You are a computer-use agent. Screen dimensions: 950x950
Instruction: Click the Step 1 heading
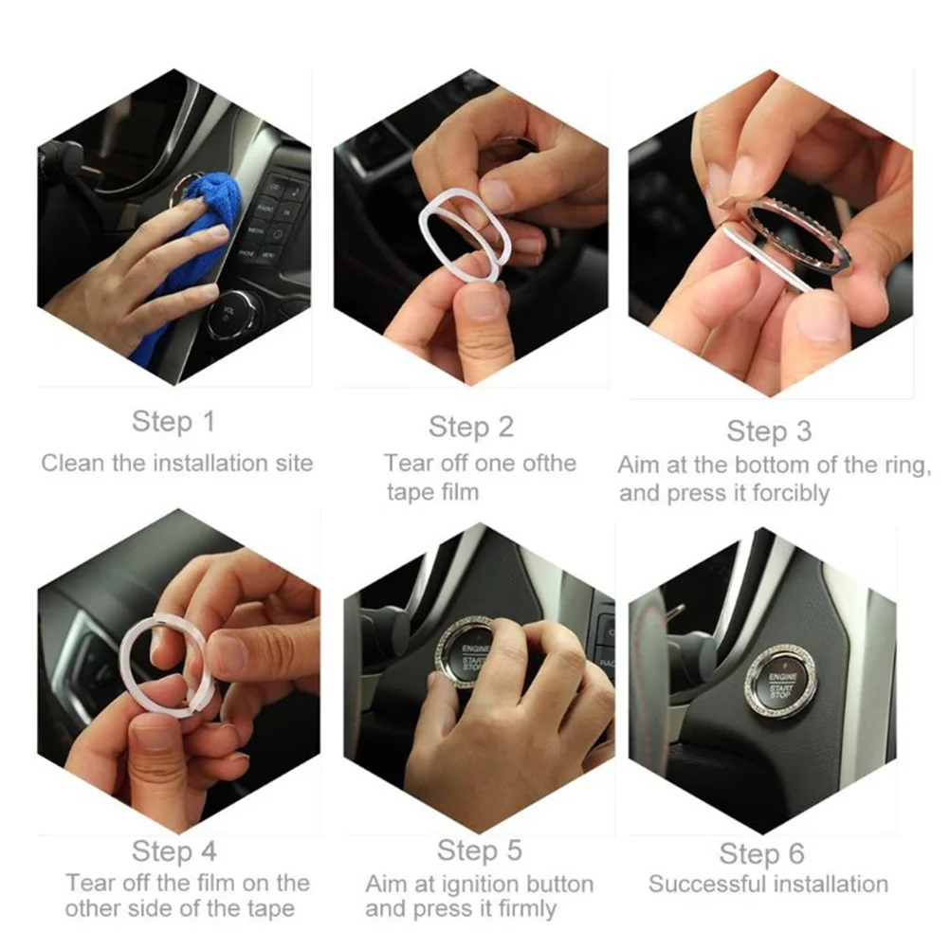[x=174, y=421]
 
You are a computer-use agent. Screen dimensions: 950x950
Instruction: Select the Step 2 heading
[x=470, y=427]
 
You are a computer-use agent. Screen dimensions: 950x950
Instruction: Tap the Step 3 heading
[x=768, y=431]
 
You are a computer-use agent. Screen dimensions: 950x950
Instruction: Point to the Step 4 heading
[x=174, y=850]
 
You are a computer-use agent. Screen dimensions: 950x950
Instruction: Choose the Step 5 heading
[x=479, y=850]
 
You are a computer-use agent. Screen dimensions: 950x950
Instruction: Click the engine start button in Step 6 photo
[x=780, y=680]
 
